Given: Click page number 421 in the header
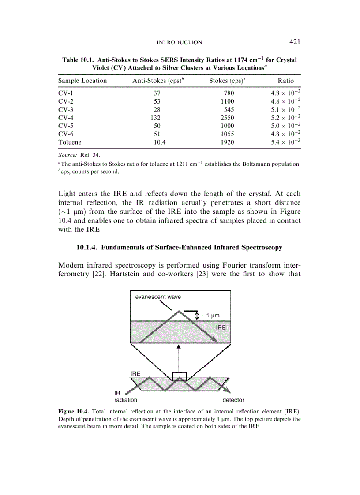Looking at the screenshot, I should click(295, 42).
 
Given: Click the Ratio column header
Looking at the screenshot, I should click(285, 81).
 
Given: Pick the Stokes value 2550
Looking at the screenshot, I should click(227, 118).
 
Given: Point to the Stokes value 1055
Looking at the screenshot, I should click(227, 134).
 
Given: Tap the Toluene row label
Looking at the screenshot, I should click(70, 142).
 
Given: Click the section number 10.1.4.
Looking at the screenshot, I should click(87, 248).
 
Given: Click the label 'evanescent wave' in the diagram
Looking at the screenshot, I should click(157, 297).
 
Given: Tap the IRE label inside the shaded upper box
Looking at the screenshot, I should click(220, 328).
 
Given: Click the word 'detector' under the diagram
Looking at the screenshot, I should click(233, 400).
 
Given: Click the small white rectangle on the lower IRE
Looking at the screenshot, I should click(180, 376).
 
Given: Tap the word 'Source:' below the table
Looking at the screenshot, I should click(67, 155).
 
